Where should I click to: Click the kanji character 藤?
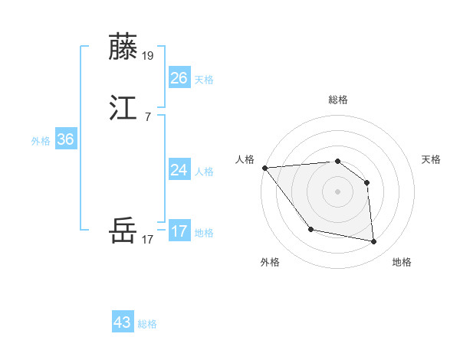[x=124, y=47]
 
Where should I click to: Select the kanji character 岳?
[x=124, y=230]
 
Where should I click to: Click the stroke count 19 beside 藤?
[x=149, y=56]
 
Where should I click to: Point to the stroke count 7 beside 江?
[x=147, y=116]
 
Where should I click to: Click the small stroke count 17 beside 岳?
[x=148, y=239]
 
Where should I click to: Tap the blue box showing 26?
[x=179, y=78]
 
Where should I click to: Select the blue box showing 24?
[x=179, y=170]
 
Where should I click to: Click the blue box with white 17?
[x=179, y=231]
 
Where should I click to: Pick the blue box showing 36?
[x=66, y=139]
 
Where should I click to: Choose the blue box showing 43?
[x=123, y=322]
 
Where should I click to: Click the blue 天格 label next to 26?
[x=204, y=80]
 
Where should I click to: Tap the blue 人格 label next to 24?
[x=204, y=172]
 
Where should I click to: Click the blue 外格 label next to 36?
[x=41, y=141]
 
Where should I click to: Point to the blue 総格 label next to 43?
[x=147, y=324]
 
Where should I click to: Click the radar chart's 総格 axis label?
[x=338, y=100]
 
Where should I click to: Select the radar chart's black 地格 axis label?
[x=402, y=262]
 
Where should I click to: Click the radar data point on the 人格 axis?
[x=264, y=168]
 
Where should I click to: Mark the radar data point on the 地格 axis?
[x=374, y=242]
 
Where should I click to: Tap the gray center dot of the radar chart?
[x=338, y=191]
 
